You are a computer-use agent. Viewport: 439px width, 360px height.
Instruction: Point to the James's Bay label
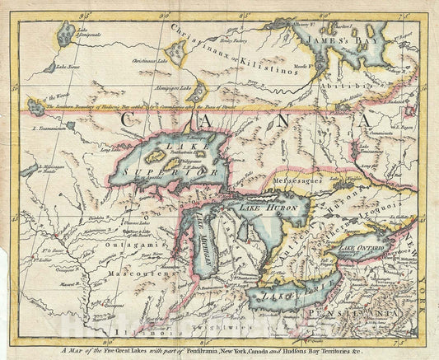[x=332, y=38]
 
